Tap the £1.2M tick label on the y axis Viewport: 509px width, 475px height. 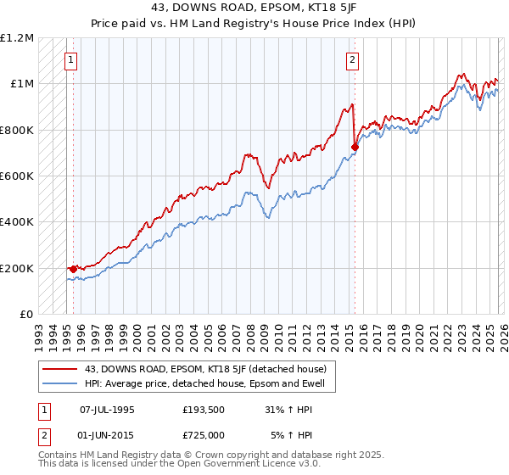tap(17, 38)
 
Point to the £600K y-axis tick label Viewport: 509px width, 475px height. tap(17, 176)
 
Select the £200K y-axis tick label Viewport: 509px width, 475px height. tap(17, 268)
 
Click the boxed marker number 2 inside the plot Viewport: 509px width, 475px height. tap(351, 59)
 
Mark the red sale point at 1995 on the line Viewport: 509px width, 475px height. tap(74, 270)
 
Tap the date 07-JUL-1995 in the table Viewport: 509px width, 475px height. tap(107, 410)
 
